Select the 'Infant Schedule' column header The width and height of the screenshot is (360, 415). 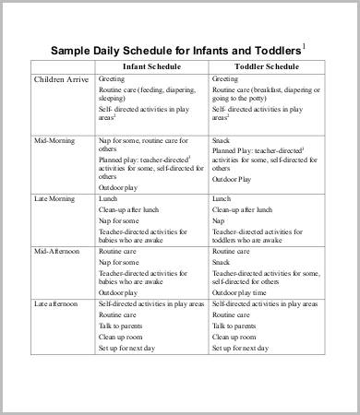click(152, 67)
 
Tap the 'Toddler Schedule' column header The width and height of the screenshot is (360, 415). click(265, 67)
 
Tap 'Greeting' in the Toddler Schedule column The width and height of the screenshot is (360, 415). click(226, 80)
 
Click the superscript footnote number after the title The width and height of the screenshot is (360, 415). click(304, 45)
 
